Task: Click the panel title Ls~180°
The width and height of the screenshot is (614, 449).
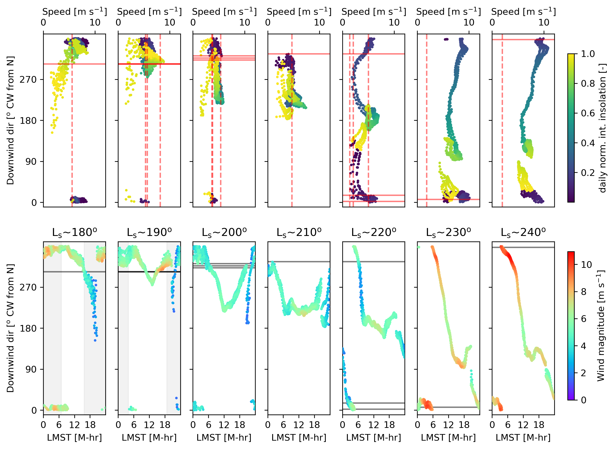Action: (75, 233)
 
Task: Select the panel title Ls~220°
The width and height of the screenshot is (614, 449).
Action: (374, 233)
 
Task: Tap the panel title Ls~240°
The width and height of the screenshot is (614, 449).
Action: (523, 233)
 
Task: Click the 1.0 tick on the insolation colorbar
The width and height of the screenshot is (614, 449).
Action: (588, 54)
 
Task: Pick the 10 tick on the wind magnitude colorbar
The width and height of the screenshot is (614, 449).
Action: (586, 265)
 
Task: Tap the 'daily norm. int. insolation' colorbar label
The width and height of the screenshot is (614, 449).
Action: (602, 128)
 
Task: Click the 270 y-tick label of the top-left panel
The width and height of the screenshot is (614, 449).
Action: (28, 80)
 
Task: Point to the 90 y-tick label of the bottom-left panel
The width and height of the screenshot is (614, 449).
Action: (31, 369)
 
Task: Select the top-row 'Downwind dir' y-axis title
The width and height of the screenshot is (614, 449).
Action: (10, 120)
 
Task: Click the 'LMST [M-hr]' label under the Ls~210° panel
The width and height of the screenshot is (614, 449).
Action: (299, 438)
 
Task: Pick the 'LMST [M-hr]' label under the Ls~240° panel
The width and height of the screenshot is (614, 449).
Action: (523, 438)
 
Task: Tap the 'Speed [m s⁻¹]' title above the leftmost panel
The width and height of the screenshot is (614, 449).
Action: (75, 12)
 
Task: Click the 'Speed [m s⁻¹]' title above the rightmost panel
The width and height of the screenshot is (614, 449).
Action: (523, 12)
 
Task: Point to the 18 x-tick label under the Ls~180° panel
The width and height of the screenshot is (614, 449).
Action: (90, 425)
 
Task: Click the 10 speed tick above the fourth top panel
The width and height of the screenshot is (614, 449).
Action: (319, 23)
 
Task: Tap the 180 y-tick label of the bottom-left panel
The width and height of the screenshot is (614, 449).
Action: (28, 328)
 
